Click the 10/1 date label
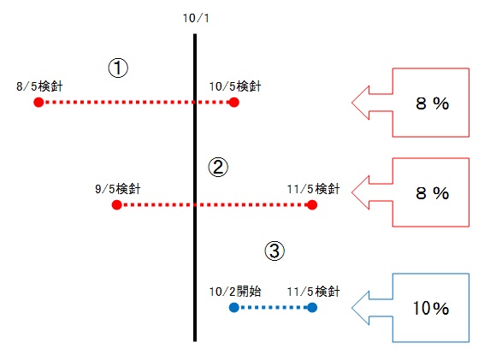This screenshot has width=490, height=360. tap(196, 18)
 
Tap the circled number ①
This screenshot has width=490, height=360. tap(118, 68)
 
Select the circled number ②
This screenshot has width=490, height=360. tap(218, 167)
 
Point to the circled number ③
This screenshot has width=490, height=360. tap(275, 251)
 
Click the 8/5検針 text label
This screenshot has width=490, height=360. tap(39, 86)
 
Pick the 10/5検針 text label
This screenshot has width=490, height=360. tap(235, 86)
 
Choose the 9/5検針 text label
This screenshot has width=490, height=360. tap(118, 189)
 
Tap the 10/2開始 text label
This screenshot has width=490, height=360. tap(235, 292)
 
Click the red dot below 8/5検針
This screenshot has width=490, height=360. tap(38, 103)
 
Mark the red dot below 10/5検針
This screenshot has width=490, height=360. tap(234, 103)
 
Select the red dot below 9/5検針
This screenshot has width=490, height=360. tap(117, 205)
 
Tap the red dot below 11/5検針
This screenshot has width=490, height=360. tap(312, 205)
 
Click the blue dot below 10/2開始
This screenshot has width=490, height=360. tap(234, 308)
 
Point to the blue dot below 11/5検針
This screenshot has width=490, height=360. tap(312, 308)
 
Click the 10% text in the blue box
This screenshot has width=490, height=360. tap(431, 308)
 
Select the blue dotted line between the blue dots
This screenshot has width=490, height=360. tap(273, 308)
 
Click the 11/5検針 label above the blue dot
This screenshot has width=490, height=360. tap(313, 292)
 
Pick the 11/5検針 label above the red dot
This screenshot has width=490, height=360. tap(313, 189)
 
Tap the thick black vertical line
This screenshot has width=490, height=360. tap(195, 187)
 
